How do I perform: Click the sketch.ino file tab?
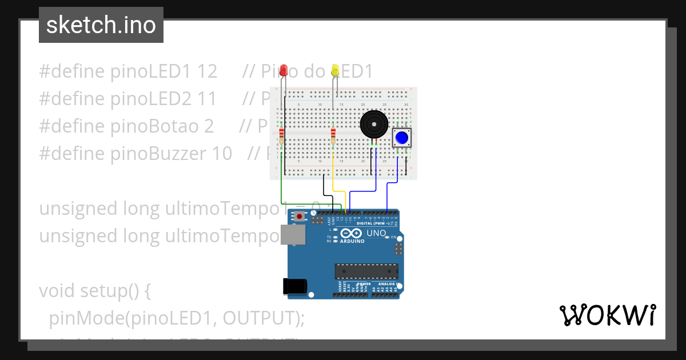(101, 25)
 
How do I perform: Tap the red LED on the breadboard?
(284, 71)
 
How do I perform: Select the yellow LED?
(336, 70)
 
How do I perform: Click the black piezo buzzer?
(373, 124)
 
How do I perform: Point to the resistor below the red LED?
(281, 136)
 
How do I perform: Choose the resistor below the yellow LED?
(333, 136)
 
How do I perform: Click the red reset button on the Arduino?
(298, 217)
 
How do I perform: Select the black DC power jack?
(296, 286)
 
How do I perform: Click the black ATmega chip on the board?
(366, 271)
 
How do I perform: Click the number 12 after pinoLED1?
(207, 71)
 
